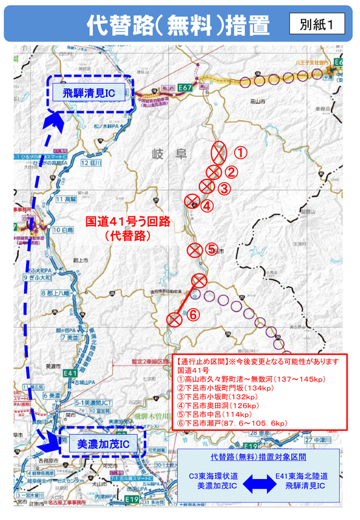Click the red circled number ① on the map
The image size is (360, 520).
point(241,153)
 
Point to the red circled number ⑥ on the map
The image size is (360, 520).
point(192,315)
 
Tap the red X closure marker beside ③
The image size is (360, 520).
point(207,187)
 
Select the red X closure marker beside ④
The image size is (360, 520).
point(192,201)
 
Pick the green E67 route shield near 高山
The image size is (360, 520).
point(184,86)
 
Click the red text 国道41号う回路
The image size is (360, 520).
point(129,221)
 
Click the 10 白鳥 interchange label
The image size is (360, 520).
point(63,229)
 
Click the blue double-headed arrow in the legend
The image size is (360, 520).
point(257,482)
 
